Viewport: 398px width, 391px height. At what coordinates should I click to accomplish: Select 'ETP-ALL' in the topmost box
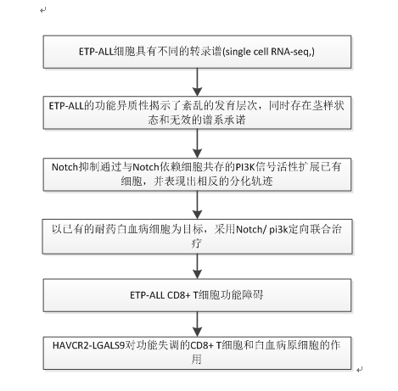96,52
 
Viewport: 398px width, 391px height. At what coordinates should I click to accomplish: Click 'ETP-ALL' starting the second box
66,106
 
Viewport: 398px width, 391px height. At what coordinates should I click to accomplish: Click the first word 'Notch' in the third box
64,167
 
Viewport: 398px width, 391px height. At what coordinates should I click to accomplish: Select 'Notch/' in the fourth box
251,229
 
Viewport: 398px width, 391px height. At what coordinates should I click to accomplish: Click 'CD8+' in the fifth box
179,295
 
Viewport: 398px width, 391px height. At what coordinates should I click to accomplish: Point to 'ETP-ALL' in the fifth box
147,295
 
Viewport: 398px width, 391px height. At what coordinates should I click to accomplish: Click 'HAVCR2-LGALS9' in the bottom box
88,345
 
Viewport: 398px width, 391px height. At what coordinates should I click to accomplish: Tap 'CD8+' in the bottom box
202,345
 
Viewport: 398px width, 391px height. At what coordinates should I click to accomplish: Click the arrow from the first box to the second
197,82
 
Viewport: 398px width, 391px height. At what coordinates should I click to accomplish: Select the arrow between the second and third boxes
197,143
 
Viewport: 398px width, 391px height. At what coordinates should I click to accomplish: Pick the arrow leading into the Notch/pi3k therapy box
197,205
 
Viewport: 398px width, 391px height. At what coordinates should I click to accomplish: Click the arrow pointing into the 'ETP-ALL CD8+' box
197,266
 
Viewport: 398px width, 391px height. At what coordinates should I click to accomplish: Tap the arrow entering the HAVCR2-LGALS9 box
197,324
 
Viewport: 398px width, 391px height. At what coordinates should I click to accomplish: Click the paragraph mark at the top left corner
43,10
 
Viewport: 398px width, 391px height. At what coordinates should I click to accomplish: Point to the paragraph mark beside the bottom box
360,370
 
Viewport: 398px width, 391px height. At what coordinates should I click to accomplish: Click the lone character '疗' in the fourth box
197,243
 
